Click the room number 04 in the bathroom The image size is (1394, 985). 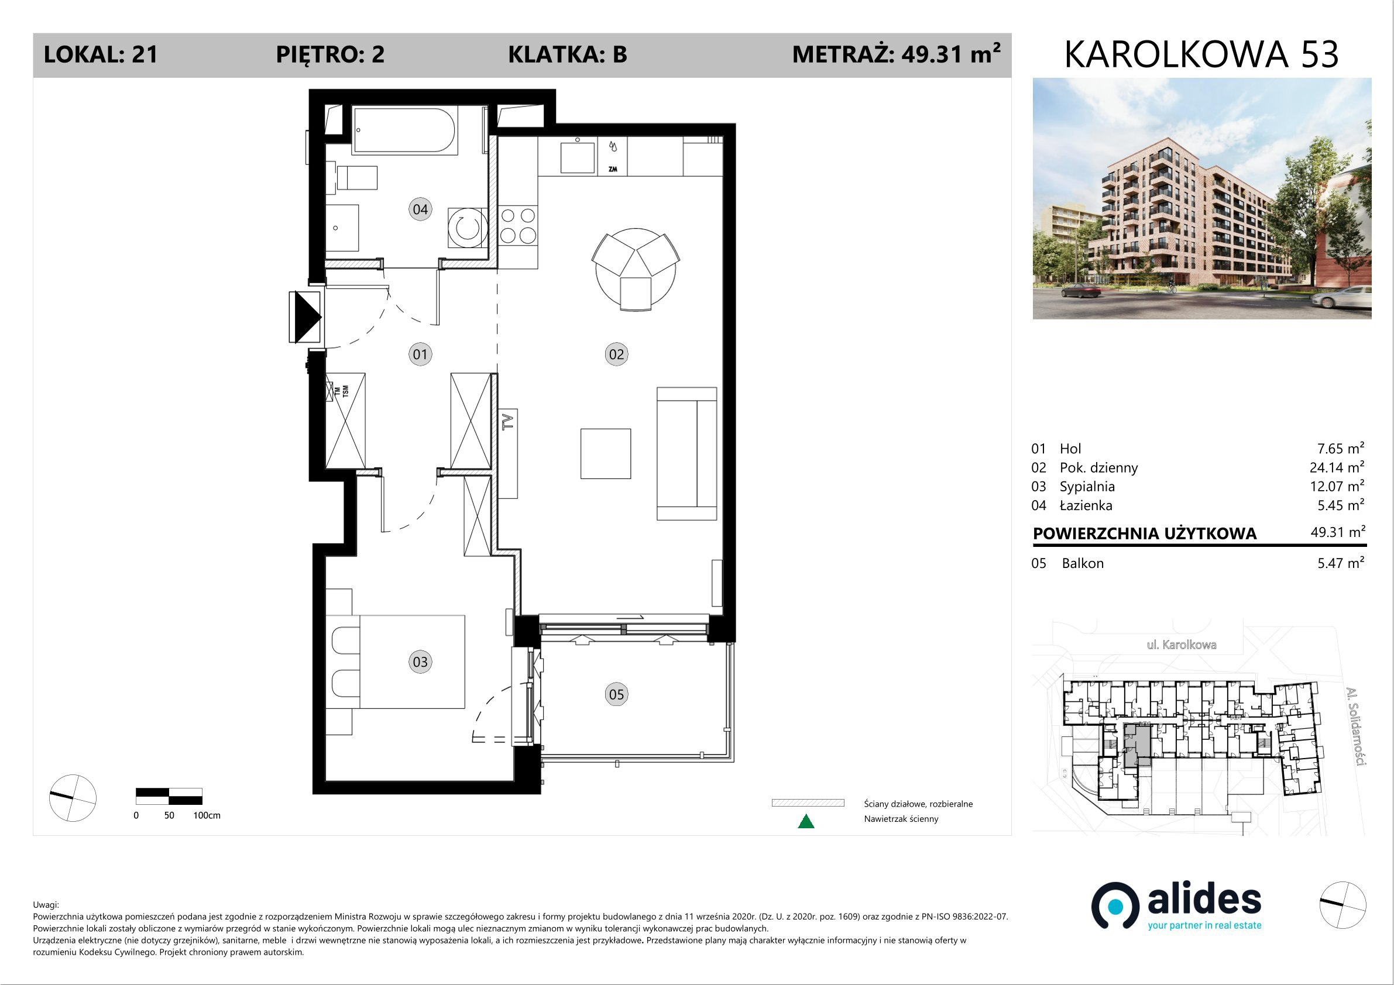420,209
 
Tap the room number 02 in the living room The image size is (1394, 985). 616,354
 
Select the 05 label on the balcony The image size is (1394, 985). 616,694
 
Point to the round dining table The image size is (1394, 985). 635,270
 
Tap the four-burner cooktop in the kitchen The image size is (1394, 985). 518,225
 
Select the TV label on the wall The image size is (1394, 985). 507,421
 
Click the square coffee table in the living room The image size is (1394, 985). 605,453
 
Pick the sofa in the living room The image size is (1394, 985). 686,453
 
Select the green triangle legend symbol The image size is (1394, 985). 806,821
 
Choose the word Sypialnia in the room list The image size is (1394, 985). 1087,487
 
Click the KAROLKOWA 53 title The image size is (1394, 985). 1201,54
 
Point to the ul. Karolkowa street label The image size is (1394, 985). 1182,645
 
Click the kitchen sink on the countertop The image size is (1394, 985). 577,157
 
